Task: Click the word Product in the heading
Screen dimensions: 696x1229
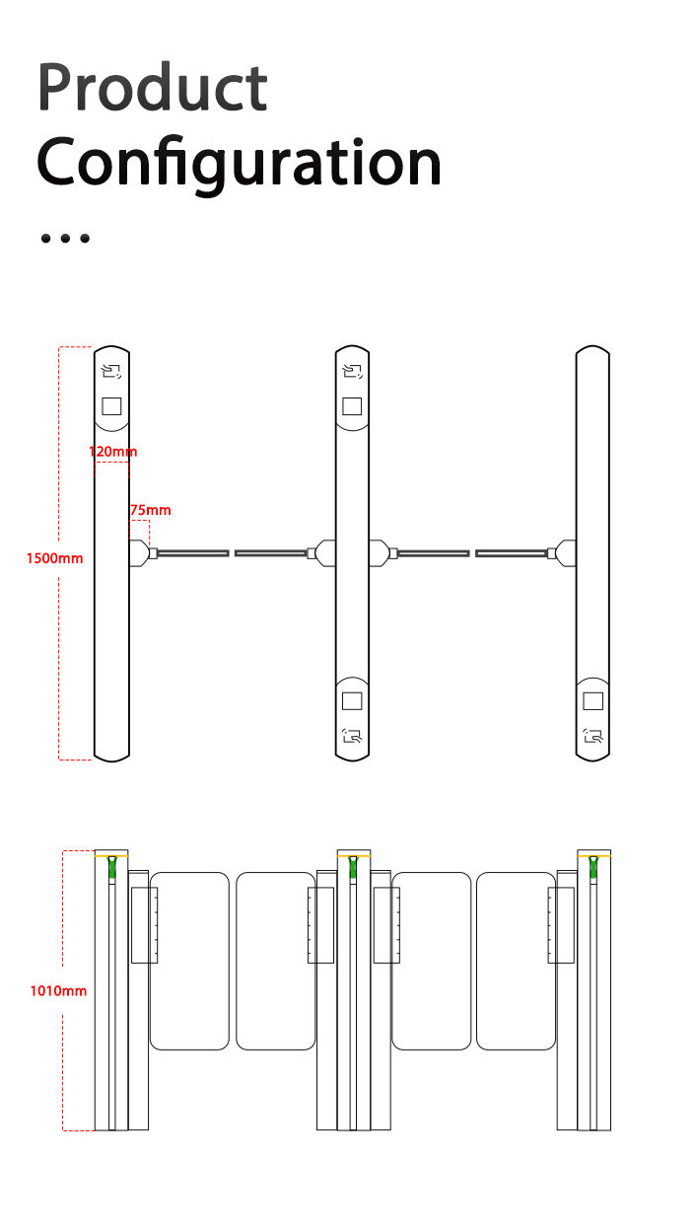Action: click(152, 87)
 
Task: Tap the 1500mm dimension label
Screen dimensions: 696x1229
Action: click(55, 558)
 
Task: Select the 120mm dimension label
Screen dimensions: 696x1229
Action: click(113, 452)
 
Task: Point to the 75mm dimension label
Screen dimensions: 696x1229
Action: click(150, 510)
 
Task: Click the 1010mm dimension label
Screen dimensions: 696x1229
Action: click(58, 991)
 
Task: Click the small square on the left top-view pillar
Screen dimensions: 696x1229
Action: click(111, 406)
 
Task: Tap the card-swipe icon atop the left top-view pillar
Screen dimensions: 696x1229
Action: click(111, 372)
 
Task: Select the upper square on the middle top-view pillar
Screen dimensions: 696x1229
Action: click(352, 406)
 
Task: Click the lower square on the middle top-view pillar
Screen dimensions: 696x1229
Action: click(352, 700)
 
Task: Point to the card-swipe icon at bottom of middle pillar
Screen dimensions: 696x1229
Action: click(352, 736)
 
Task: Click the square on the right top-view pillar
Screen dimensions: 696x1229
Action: click(592, 700)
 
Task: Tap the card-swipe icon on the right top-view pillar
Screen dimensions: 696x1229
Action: click(592, 736)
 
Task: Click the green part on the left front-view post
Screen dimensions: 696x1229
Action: click(112, 867)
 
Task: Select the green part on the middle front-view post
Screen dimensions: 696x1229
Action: click(353, 867)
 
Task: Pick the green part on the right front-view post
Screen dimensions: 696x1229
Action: click(592, 867)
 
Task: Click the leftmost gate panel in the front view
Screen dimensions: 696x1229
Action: click(189, 961)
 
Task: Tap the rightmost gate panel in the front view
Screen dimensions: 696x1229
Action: click(517, 961)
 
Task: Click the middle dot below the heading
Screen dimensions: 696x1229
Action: click(65, 238)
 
